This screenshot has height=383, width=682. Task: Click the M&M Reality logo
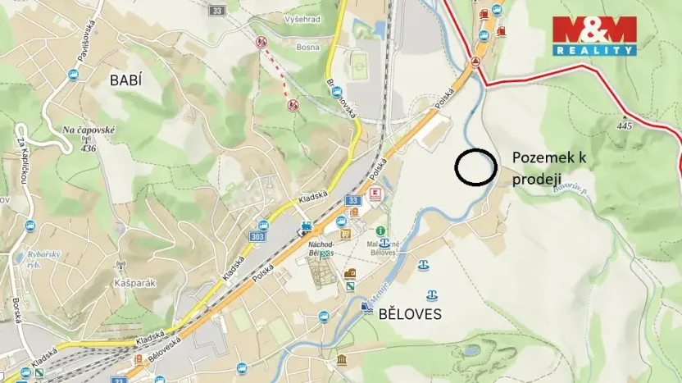click(594, 35)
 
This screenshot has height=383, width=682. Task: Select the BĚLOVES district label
click(410, 314)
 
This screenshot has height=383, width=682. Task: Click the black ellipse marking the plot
click(475, 167)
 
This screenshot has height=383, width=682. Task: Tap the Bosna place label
click(307, 48)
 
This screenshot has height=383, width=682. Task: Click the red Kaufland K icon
click(375, 194)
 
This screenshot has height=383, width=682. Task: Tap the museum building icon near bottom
click(341, 360)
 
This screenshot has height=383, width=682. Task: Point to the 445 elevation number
click(625, 125)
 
